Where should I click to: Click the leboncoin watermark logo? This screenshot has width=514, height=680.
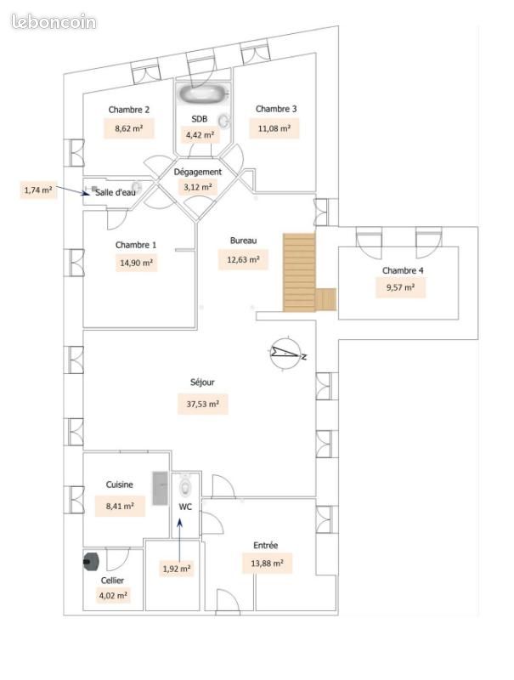click(54, 22)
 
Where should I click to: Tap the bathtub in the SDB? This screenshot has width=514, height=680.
click(203, 93)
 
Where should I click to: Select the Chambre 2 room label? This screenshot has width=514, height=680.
click(129, 110)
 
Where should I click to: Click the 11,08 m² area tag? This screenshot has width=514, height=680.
click(274, 129)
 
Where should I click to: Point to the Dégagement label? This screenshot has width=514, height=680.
click(198, 173)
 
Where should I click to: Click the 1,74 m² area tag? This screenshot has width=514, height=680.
click(38, 190)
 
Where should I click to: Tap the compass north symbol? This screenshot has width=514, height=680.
click(286, 353)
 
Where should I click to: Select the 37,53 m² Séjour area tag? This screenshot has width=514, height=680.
click(203, 405)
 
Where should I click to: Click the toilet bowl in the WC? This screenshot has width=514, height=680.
click(186, 485)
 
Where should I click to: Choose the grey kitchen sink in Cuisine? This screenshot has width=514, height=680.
click(160, 488)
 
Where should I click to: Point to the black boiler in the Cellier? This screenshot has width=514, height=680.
click(91, 562)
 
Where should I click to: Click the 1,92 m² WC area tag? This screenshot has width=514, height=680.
click(177, 569)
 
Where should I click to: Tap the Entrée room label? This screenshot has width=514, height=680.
click(266, 546)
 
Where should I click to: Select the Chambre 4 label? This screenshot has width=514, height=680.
click(403, 270)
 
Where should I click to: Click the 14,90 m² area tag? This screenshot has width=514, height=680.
click(136, 263)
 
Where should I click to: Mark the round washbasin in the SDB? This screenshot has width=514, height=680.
click(224, 121)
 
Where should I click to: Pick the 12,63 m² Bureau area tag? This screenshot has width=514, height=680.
click(244, 260)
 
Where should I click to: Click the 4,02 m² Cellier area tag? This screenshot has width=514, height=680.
click(113, 596)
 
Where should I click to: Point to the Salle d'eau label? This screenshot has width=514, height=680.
click(116, 192)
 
